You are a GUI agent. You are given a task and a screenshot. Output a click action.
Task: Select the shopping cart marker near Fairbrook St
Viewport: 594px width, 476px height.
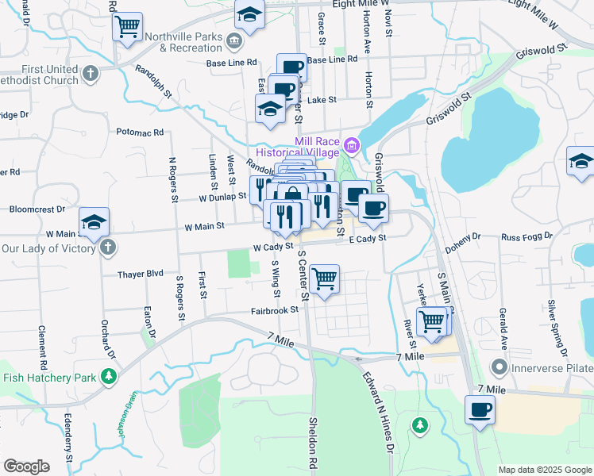325,279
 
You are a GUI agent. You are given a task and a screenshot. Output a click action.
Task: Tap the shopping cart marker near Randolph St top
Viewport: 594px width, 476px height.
128,27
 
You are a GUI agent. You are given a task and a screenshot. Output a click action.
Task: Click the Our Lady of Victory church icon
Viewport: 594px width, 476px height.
108,247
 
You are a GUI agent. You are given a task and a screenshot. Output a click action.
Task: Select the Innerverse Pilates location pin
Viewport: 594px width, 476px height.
499,367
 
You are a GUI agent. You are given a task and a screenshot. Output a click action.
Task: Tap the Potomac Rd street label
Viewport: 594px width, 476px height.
140,132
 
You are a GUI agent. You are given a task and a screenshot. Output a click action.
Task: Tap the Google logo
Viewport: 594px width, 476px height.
26,466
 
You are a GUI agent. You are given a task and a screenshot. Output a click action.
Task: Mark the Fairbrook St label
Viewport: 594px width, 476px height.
274,312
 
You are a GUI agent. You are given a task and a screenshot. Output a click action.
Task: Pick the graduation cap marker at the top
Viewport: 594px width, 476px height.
249,16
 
